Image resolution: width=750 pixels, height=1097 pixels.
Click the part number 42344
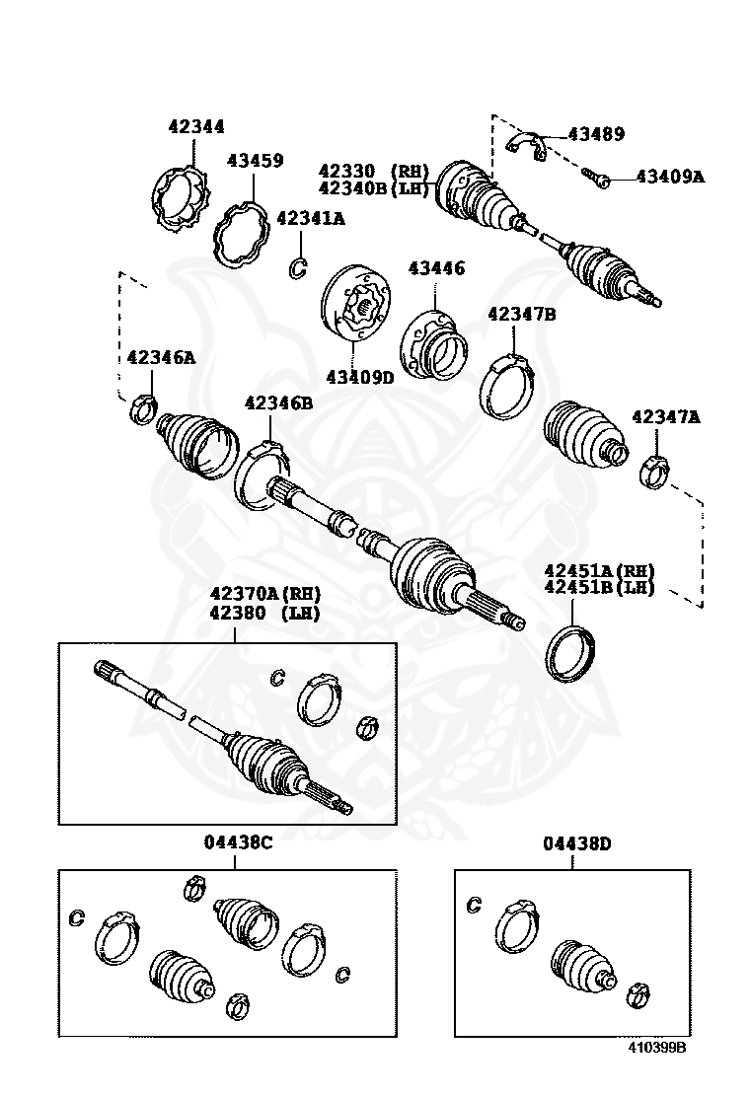pyautogui.click(x=195, y=126)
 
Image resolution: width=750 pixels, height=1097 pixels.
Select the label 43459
pyautogui.click(x=255, y=160)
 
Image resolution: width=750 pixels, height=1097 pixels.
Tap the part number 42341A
pyautogui.click(x=310, y=219)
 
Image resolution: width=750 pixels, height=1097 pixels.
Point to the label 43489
pyautogui.click(x=596, y=134)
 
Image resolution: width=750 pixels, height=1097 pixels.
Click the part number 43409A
pyautogui.click(x=670, y=177)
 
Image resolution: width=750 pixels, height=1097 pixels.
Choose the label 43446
pyautogui.click(x=437, y=268)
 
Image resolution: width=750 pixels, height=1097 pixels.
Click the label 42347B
pyautogui.click(x=522, y=315)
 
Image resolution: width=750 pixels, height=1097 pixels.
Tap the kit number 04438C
pyautogui.click(x=238, y=842)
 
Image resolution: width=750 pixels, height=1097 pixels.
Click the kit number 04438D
pyautogui.click(x=577, y=842)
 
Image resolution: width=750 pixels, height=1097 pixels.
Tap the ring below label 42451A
pyautogui.click(x=569, y=652)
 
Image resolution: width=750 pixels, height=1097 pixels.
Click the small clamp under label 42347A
pyautogui.click(x=652, y=471)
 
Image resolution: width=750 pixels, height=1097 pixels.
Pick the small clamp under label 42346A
pyautogui.click(x=143, y=404)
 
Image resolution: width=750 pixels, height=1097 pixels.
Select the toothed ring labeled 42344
pyautogui.click(x=185, y=202)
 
